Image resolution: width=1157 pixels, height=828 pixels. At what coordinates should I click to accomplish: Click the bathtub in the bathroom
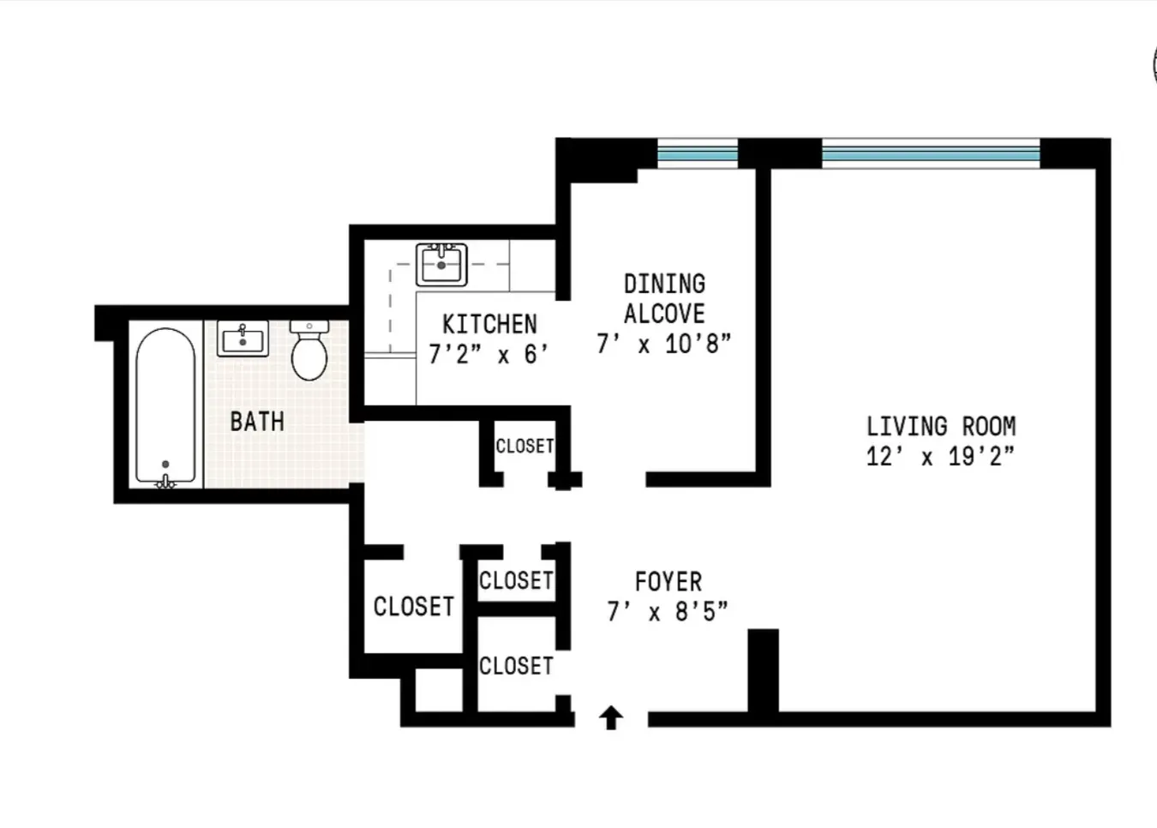(x=165, y=407)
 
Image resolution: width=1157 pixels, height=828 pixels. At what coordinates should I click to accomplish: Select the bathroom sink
(x=243, y=339)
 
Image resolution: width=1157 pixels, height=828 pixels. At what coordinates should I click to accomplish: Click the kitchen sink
(x=441, y=264)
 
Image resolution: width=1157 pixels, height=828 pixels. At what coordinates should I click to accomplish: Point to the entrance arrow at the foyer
(x=610, y=717)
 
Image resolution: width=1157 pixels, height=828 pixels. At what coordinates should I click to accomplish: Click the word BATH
(x=257, y=422)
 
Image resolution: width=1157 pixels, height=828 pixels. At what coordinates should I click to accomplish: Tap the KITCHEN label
(x=489, y=324)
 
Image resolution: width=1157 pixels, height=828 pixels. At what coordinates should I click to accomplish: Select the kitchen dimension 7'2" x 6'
(x=488, y=354)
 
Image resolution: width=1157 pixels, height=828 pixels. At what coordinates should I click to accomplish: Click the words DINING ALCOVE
(x=664, y=298)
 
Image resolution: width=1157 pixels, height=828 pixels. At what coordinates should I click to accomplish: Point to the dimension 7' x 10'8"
(x=664, y=344)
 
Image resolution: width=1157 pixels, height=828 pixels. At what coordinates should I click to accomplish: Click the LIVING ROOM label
(x=941, y=426)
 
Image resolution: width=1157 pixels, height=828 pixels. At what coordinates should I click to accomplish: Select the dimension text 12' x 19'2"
(x=940, y=456)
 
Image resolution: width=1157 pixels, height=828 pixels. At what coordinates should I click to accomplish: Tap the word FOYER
(x=668, y=582)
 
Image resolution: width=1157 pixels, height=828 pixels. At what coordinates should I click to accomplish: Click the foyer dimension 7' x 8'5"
(x=668, y=612)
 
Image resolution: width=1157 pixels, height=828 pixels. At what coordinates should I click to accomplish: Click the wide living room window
(x=931, y=153)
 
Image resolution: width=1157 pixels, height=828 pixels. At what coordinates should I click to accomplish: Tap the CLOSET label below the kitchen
(x=525, y=447)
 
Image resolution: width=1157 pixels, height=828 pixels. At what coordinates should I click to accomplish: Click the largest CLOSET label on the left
(x=413, y=607)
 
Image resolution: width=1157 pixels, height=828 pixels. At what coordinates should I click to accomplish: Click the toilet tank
(x=309, y=327)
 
